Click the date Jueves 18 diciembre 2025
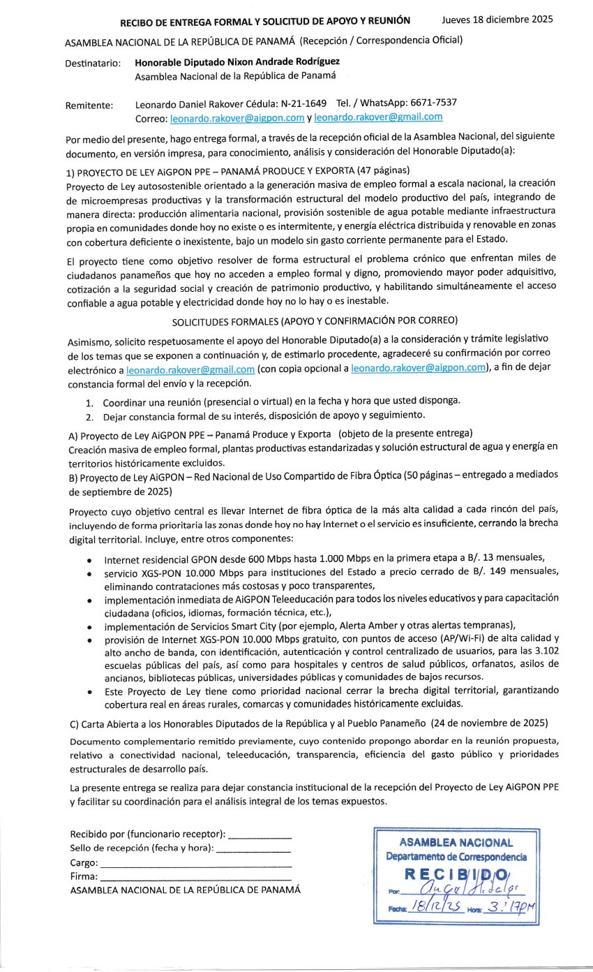tap(497, 20)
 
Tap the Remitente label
tap(89, 105)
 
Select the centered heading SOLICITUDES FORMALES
tap(315, 321)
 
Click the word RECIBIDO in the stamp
tap(457, 874)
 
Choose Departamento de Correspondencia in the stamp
tap(457, 857)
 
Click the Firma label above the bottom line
tap(84, 876)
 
